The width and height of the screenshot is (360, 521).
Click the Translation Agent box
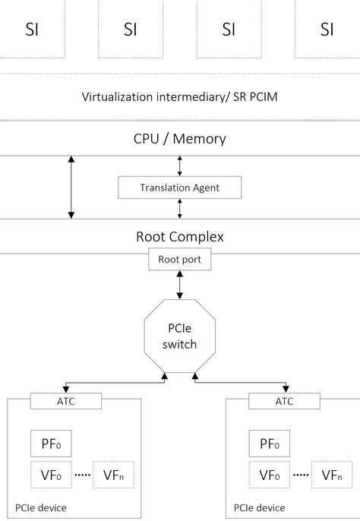click(180, 188)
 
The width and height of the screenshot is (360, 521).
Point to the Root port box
click(180, 259)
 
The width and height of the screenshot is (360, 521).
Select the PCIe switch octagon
click(180, 336)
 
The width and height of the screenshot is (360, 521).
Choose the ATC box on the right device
click(284, 401)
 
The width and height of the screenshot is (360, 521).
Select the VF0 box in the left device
click(49, 475)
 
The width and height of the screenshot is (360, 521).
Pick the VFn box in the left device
click(112, 475)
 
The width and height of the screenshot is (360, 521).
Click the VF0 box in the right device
click(269, 475)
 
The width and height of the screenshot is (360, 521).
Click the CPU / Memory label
click(180, 139)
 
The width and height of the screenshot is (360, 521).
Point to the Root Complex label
click(180, 236)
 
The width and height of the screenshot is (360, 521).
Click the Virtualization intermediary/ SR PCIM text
click(180, 97)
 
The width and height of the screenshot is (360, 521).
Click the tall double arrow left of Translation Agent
click(71, 188)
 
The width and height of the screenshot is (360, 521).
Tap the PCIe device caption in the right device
click(259, 507)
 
